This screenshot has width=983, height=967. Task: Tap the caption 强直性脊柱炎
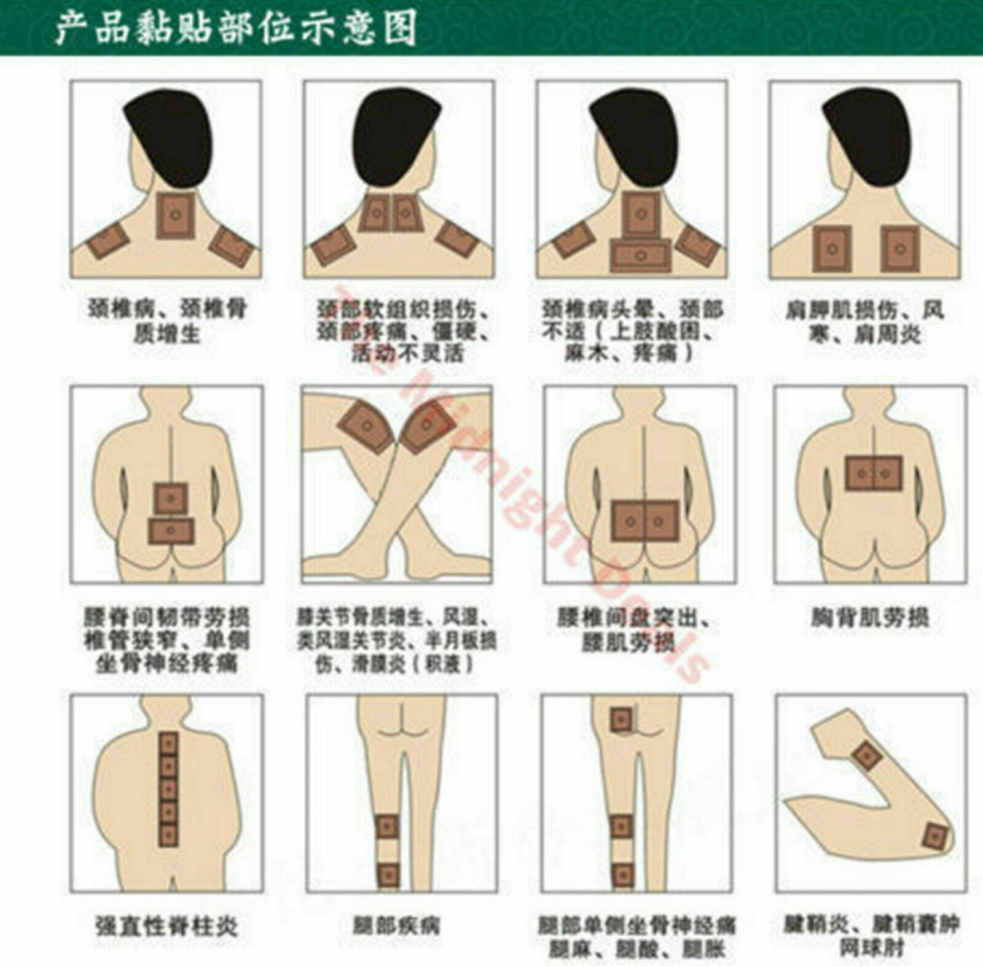(x=165, y=926)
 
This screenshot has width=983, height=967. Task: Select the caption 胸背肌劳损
(x=869, y=618)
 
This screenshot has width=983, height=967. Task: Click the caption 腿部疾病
(x=397, y=926)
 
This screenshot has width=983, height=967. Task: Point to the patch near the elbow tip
(x=935, y=837)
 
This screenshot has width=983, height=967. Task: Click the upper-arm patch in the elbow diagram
(x=867, y=756)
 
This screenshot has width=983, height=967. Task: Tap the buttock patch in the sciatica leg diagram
(x=621, y=719)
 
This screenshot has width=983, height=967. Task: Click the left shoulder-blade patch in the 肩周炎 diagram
(x=832, y=249)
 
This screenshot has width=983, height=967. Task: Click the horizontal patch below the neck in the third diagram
(x=640, y=256)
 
